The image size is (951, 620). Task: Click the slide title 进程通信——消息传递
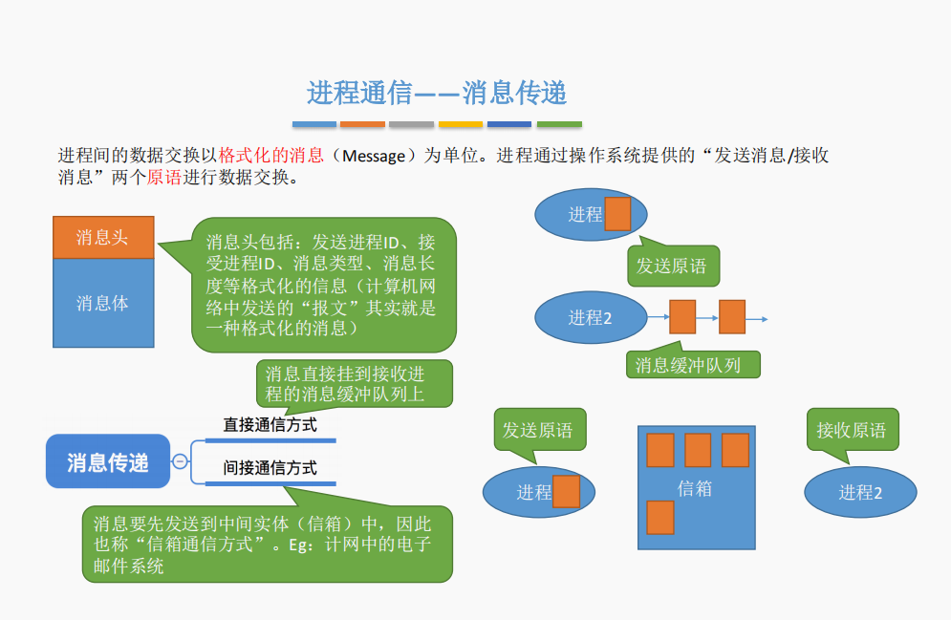tap(436, 94)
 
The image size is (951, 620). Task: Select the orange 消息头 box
tap(103, 237)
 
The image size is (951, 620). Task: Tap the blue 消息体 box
tap(103, 303)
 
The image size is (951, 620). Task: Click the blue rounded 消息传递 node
tap(108, 461)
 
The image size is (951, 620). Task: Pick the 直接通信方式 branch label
tap(270, 425)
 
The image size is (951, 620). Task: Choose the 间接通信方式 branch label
tap(270, 468)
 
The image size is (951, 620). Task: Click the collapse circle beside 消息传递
tap(180, 461)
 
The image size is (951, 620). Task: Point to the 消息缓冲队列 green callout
tap(693, 364)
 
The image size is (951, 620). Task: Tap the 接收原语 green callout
tap(853, 429)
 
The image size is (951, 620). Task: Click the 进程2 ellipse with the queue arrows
tap(591, 317)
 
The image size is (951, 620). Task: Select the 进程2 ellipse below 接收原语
tap(860, 492)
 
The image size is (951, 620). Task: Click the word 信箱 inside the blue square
tap(695, 488)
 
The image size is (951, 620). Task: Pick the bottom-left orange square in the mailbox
tap(659, 518)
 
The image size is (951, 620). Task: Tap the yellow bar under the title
tap(461, 124)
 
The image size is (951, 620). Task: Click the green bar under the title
tap(559, 124)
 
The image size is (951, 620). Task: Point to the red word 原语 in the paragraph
tap(163, 177)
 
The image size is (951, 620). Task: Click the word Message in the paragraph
tap(374, 157)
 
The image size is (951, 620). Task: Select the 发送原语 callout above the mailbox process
tap(540, 430)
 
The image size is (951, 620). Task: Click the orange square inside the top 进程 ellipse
tap(617, 213)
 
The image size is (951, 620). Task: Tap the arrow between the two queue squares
tap(707, 317)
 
